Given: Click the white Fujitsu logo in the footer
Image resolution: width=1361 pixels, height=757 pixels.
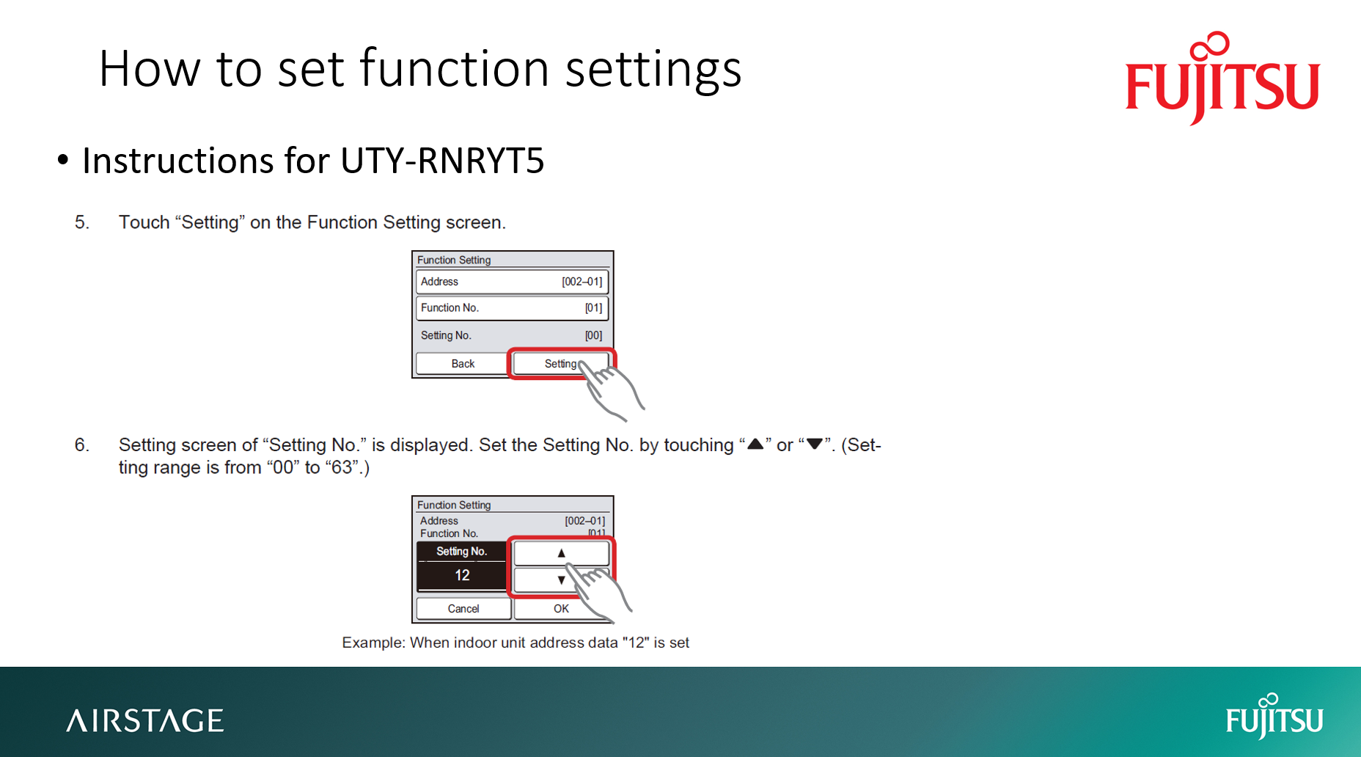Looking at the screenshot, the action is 1274,717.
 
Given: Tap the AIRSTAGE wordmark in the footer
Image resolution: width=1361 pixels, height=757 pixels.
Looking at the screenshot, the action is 145,720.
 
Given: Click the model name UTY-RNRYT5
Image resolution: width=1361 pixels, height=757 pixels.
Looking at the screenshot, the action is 442,161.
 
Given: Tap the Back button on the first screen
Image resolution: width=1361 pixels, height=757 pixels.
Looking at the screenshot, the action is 463,364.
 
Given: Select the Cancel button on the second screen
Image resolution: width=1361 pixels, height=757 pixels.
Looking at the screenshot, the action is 463,609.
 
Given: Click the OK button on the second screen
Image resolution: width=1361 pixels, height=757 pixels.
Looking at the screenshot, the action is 561,609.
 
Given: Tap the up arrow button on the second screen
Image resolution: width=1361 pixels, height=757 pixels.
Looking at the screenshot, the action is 561,553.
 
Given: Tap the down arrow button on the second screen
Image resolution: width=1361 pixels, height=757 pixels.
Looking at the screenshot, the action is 561,579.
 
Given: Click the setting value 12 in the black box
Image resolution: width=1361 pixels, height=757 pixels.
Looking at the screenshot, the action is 462,576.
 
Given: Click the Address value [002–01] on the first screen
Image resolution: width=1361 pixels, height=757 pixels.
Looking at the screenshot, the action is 582,282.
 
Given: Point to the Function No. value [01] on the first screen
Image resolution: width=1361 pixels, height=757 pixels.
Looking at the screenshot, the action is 593,308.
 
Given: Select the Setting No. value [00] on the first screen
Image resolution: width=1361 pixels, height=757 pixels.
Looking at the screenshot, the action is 593,335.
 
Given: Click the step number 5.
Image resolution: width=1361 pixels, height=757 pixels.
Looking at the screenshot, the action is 81,222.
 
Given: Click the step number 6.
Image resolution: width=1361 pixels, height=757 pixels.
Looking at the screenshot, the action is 81,445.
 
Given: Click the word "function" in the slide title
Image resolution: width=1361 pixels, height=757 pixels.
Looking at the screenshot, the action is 455,69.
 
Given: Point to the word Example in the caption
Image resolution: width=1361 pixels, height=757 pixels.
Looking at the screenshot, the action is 373,643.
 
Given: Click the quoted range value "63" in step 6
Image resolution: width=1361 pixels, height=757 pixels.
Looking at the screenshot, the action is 342,468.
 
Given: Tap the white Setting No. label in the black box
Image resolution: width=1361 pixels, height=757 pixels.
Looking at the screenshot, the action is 461,552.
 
